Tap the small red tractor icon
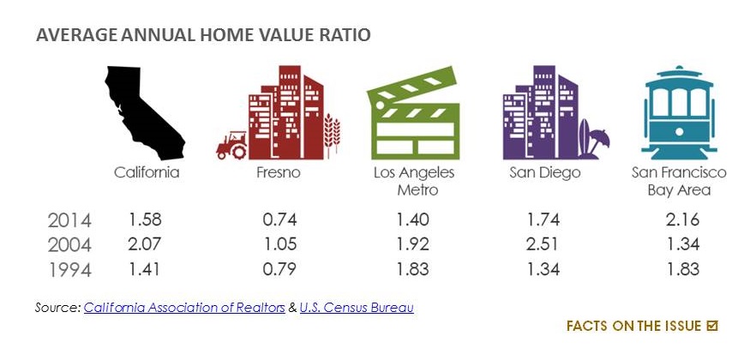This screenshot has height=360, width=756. click(x=232, y=145)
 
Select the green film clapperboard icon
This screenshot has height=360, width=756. click(x=414, y=114)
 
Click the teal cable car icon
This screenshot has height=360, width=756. click(x=679, y=113)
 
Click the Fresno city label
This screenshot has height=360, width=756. click(x=279, y=172)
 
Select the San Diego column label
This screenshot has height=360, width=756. click(x=545, y=173)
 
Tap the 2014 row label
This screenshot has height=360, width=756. click(x=69, y=221)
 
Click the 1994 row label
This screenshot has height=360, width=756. click(x=69, y=270)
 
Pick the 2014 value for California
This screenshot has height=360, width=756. click(x=145, y=219)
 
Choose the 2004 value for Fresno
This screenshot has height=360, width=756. click(x=279, y=244)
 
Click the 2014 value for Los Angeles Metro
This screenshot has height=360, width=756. click(x=413, y=219)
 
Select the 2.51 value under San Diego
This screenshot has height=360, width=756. click(x=542, y=244)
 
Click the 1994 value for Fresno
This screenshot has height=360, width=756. click(x=279, y=269)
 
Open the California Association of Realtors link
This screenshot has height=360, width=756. click(x=184, y=308)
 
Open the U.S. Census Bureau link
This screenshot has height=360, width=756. click(x=357, y=308)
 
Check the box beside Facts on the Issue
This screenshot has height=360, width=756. click(x=712, y=327)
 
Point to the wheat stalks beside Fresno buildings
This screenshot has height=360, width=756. click(x=332, y=135)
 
